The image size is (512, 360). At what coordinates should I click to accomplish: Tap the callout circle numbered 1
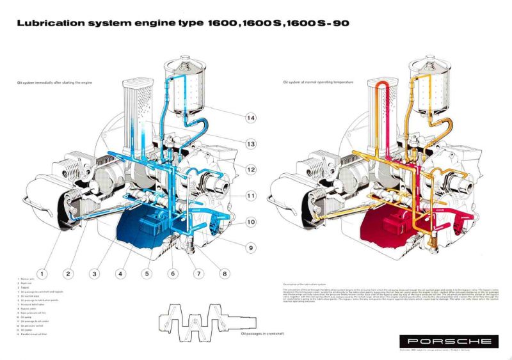[42, 274]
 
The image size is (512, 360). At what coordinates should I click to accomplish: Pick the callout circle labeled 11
[250, 196]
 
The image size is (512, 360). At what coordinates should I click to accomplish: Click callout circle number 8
[224, 274]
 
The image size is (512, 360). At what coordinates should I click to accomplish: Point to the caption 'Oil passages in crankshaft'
[263, 333]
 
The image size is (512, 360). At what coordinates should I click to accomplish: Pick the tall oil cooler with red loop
[382, 115]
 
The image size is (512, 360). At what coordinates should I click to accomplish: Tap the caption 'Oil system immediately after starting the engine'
[51, 83]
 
